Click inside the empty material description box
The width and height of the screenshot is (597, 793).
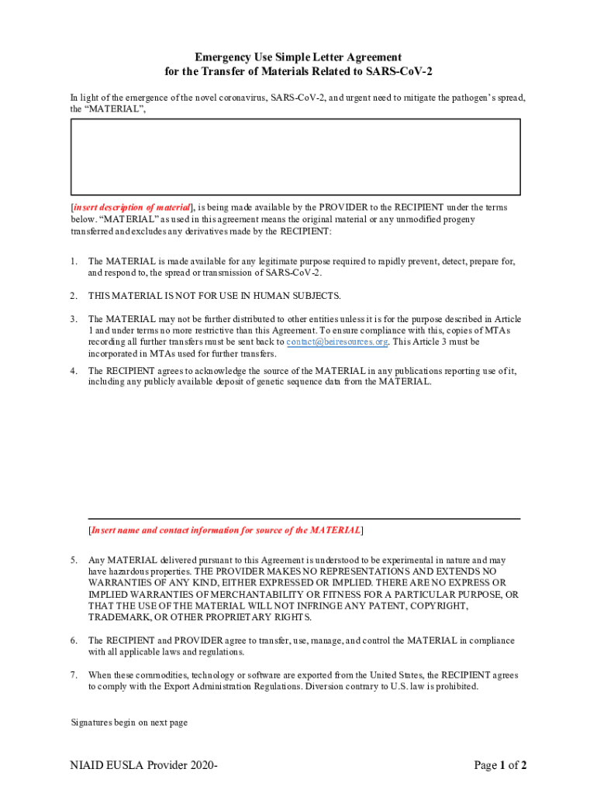[x=295, y=156]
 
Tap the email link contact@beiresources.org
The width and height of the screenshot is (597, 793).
[x=337, y=342]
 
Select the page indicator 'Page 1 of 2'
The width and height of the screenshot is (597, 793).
[x=501, y=766]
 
